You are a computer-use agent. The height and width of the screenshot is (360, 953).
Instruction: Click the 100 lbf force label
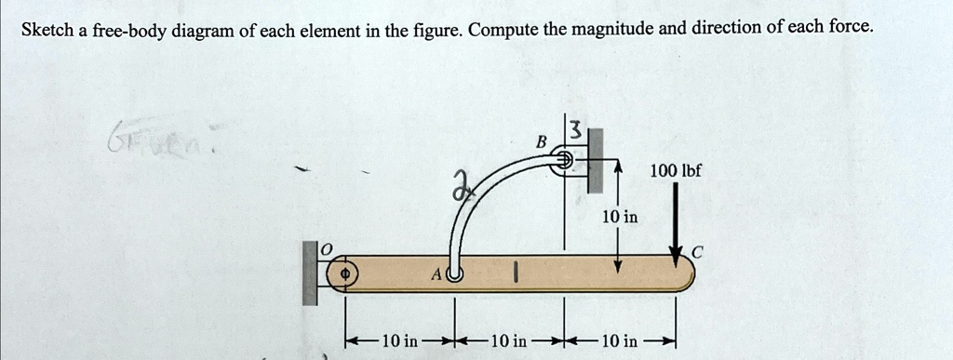click(676, 172)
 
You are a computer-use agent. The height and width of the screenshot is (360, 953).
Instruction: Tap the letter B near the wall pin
click(540, 142)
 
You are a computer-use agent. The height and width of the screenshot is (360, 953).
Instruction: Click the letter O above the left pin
click(326, 248)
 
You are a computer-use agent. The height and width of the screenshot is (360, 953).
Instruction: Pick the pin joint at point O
click(343, 274)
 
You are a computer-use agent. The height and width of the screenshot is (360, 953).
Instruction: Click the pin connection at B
click(563, 161)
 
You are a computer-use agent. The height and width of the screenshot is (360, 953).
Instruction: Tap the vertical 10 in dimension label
click(619, 217)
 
